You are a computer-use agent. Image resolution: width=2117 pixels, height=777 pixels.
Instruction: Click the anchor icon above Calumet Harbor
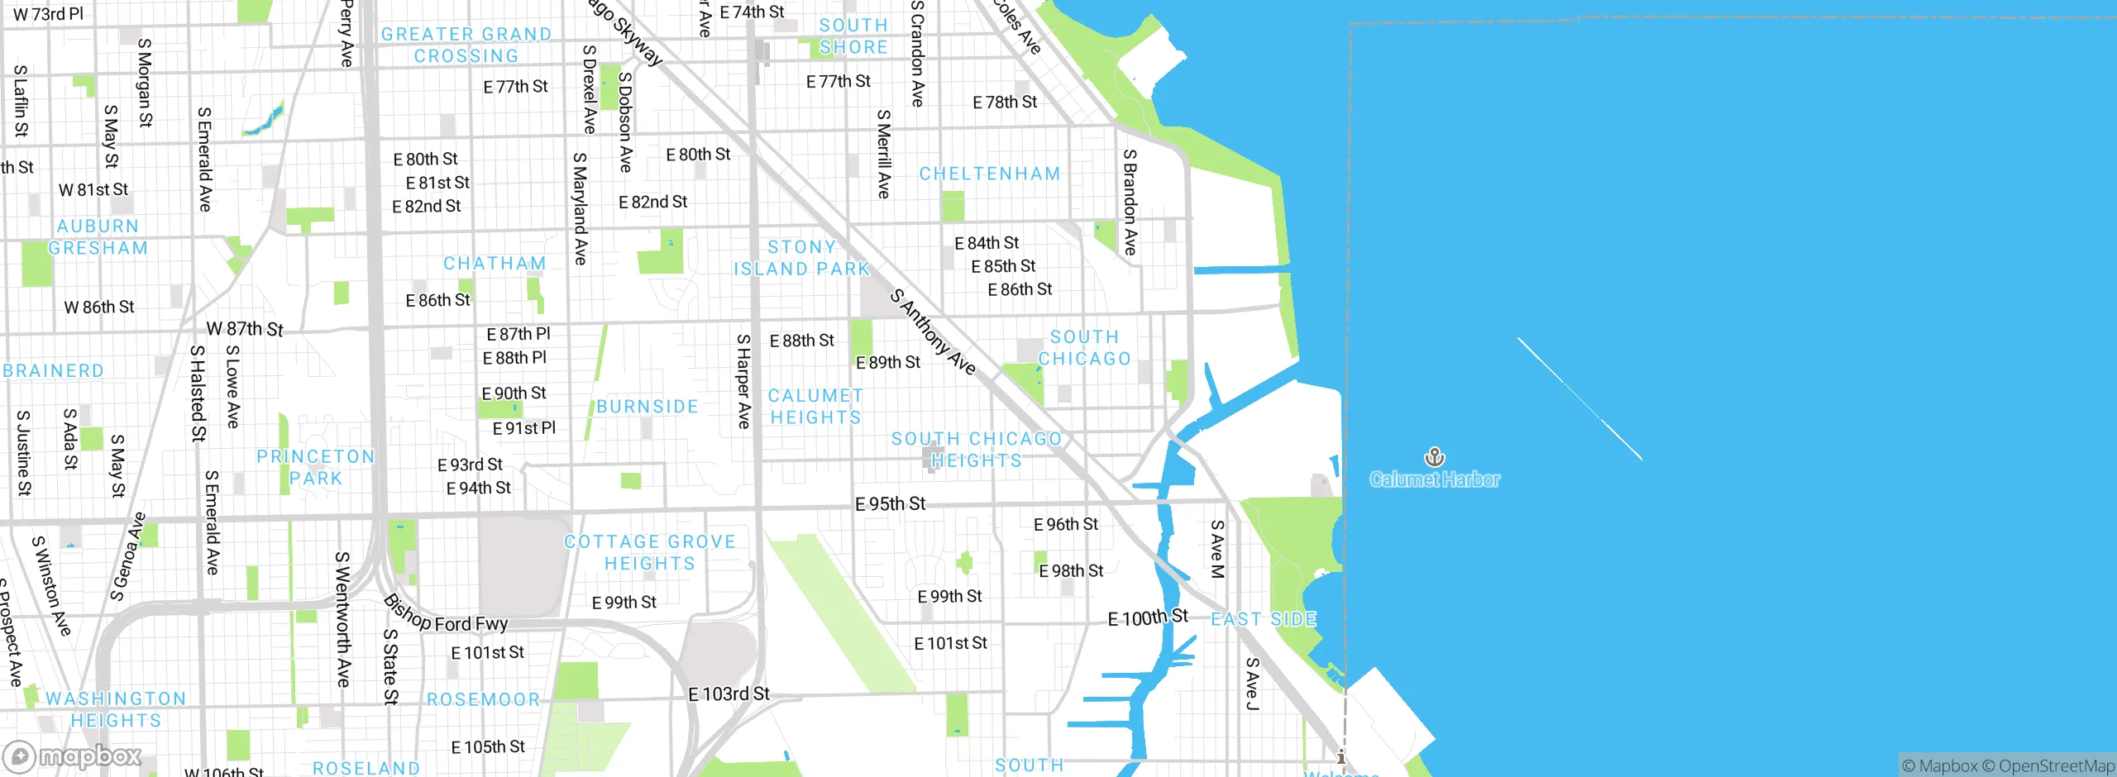pos(1434,456)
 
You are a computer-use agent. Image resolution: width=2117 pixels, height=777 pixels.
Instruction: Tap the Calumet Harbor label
pos(1434,479)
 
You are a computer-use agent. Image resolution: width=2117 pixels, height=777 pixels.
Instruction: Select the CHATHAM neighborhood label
pos(495,264)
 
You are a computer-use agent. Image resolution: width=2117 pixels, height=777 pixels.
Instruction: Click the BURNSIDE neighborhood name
pos(647,407)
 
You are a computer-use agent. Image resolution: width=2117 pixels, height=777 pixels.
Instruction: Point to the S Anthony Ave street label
pos(933,331)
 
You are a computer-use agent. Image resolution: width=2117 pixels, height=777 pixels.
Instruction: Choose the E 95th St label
pos(890,503)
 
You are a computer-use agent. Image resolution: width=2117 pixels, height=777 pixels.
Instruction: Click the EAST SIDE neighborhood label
pos(1263,619)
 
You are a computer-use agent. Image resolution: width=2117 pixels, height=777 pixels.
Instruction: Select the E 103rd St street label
pos(729,694)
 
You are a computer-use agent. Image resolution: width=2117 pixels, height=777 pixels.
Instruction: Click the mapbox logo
pos(73,756)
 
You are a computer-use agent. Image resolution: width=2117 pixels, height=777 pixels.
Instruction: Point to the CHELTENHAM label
pos(989,174)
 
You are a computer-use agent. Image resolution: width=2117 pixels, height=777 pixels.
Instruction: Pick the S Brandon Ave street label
pos(1130,202)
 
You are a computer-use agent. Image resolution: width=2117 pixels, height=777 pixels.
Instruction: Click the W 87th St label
pos(245,329)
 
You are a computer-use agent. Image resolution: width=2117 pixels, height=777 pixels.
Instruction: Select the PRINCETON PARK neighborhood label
pos(315,468)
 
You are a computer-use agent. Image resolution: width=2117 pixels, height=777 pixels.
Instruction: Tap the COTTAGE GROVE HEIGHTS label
pos(649,553)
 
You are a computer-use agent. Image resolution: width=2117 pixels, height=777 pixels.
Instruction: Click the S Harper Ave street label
pos(743,381)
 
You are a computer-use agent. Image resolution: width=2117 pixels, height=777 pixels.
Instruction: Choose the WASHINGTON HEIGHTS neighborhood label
pos(116,709)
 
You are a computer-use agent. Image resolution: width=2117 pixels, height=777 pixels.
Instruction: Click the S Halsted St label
pos(198,393)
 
